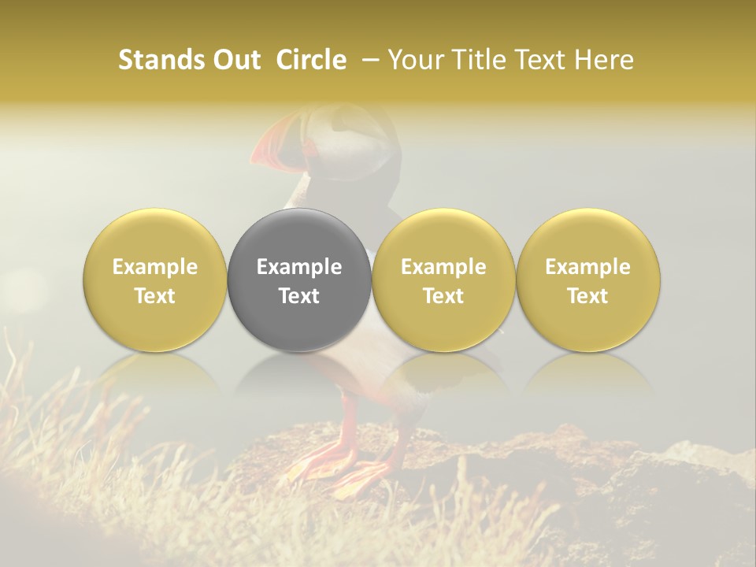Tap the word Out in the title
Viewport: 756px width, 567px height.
click(234, 60)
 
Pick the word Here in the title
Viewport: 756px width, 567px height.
click(606, 60)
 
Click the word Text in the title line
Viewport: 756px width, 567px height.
click(538, 60)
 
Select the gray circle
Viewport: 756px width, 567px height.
click(299, 280)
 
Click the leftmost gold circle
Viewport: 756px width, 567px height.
click(155, 280)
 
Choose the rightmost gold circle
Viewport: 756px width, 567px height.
click(587, 280)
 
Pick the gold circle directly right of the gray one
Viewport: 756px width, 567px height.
click(443, 280)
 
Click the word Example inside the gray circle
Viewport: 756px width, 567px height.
click(299, 267)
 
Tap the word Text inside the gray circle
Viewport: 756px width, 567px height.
click(299, 296)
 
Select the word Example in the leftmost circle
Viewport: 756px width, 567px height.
click(155, 267)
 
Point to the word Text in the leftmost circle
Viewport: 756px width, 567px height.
click(155, 296)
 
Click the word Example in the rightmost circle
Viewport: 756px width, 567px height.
click(587, 267)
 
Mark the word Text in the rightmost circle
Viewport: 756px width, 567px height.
click(587, 296)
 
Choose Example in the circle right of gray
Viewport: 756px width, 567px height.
click(443, 267)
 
